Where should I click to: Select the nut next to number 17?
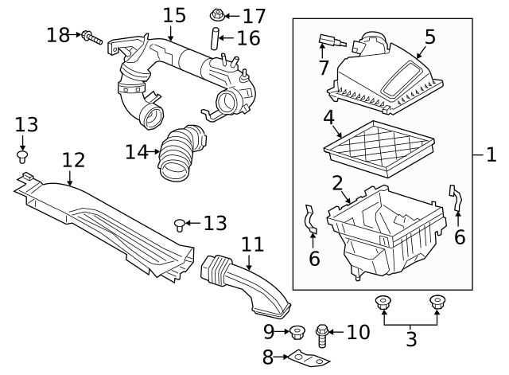tap(217, 15)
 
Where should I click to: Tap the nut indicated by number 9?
tap(298, 331)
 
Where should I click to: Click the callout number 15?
tap(173, 14)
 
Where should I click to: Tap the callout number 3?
tap(410, 339)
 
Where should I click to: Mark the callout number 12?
tap(73, 159)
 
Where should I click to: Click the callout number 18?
tap(58, 35)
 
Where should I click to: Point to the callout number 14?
tap(138, 150)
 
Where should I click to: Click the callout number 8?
tap(268, 357)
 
